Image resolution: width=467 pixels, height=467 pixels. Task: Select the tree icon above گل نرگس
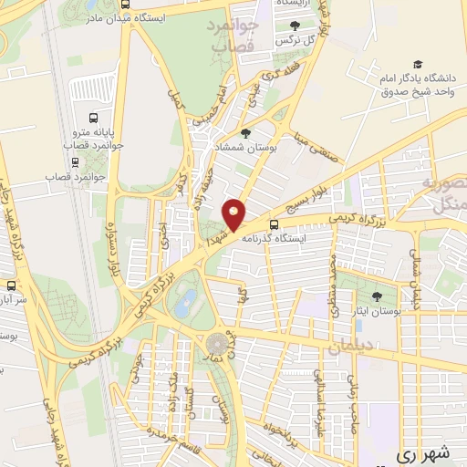(x=293, y=26)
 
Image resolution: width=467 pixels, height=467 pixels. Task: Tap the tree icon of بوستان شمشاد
(x=245, y=134)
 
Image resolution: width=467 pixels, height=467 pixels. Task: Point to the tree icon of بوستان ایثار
(x=377, y=296)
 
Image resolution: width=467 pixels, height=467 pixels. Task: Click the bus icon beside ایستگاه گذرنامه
(x=275, y=225)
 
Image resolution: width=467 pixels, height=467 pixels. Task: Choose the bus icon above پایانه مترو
(x=92, y=119)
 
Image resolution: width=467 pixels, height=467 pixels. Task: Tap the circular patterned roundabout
(x=217, y=344)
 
